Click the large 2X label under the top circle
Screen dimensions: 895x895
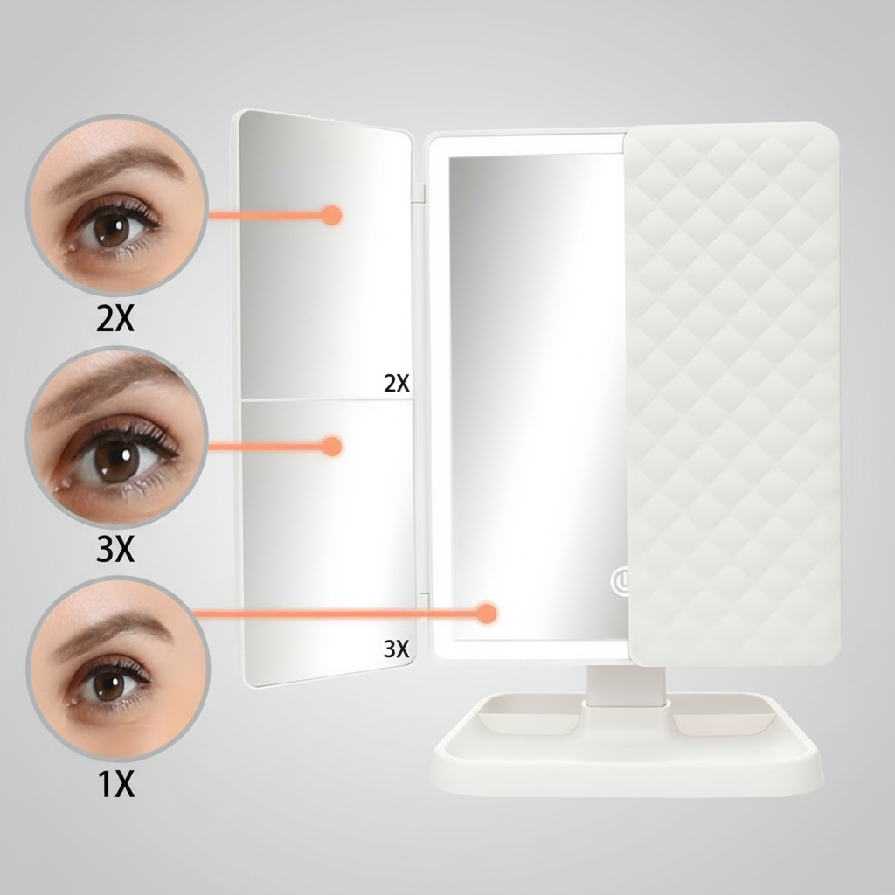tap(115, 320)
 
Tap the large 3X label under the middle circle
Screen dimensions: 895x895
tap(115, 551)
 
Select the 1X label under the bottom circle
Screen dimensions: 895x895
tap(115, 785)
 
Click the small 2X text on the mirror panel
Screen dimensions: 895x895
tap(396, 383)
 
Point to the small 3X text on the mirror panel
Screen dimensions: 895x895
tap(396, 649)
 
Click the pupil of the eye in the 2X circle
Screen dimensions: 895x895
tap(111, 229)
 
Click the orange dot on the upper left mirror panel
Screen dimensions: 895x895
tap(330, 214)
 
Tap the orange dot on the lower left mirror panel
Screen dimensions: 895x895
tap(330, 447)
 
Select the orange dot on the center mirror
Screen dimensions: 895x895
tap(487, 614)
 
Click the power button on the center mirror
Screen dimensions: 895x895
tap(621, 580)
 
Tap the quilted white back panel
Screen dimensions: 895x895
tap(734, 393)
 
